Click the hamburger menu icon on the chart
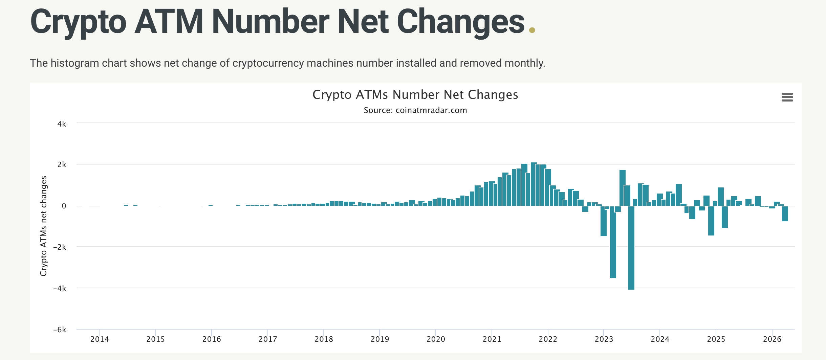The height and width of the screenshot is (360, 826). coord(787,97)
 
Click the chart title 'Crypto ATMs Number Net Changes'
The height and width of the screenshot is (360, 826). coord(415,95)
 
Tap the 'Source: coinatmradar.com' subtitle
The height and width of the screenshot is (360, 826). coord(415,110)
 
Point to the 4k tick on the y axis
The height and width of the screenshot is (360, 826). coord(62,124)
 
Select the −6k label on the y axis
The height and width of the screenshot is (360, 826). coord(60,330)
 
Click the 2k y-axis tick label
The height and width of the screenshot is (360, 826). coord(62,165)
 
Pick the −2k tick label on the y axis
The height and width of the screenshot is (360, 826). coord(60,247)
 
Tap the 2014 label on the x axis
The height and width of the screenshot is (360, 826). coord(100,339)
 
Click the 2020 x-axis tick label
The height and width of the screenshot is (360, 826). coord(436,339)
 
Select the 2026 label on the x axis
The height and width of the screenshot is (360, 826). coord(772,339)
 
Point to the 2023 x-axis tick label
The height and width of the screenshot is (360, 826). coord(604,339)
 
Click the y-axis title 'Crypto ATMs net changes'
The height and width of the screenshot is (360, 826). coord(43,226)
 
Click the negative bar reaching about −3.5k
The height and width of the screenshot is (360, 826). coord(613,244)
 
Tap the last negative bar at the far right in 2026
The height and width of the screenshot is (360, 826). coord(785,214)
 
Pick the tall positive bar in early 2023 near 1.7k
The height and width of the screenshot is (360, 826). coord(622,188)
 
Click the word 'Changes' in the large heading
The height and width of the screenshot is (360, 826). coord(460,22)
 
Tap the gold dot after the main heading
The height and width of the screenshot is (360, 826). coord(532,30)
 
